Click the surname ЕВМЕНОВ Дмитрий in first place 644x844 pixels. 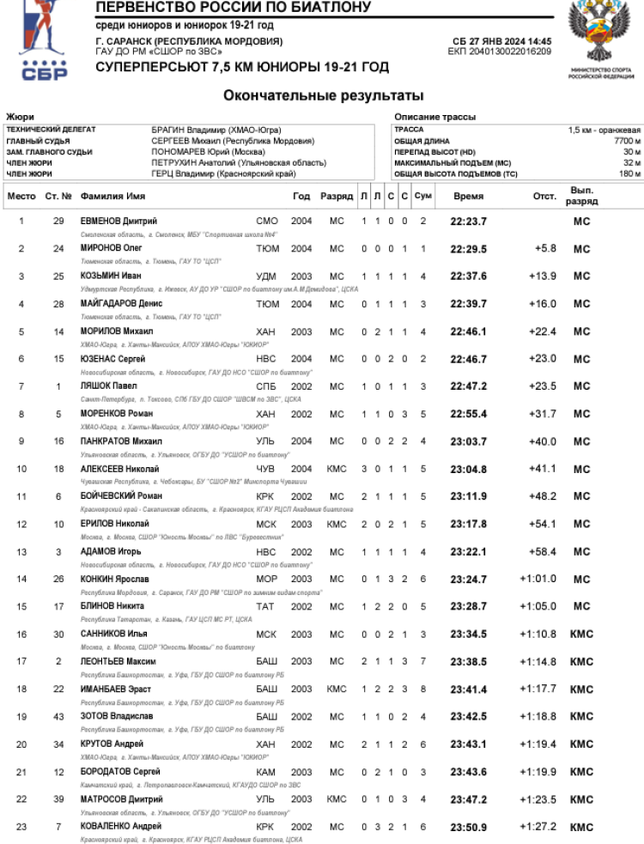coord(118,222)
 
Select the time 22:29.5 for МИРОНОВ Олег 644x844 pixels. coord(468,249)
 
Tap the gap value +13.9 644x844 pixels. coord(543,276)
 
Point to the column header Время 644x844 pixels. coord(468,197)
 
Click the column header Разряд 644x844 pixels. coord(337,197)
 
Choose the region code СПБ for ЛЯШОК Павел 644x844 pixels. coord(267,386)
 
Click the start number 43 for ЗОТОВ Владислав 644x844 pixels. coord(58,717)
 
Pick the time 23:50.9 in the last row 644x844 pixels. coord(468,827)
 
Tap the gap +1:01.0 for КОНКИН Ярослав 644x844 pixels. coord(538,579)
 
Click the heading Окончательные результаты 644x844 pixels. coord(323,95)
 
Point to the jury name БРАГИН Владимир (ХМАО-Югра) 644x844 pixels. coord(216,130)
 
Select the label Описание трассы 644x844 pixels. coord(434,117)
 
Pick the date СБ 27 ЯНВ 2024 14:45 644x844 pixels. coord(502,41)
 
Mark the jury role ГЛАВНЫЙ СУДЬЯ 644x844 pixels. coord(38,141)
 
